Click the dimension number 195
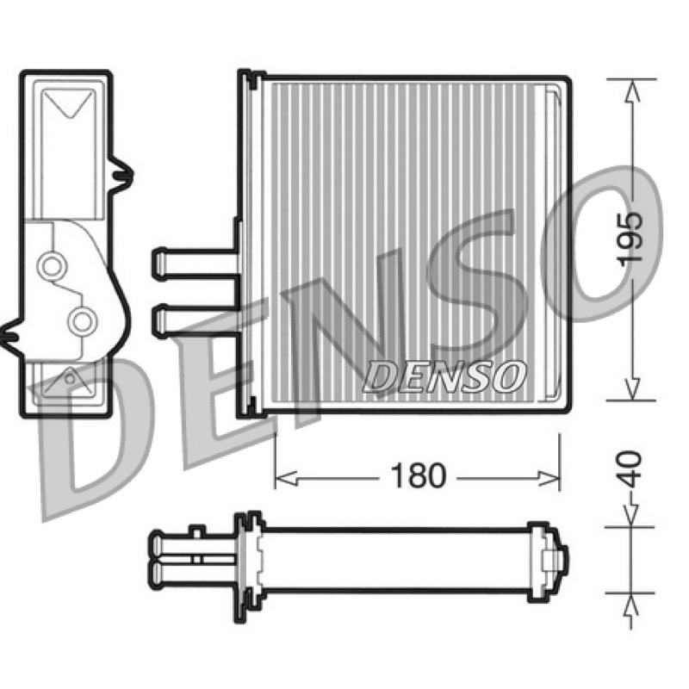coord(630,239)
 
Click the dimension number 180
coord(418,476)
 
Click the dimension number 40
coord(631,469)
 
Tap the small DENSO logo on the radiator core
coord(444,376)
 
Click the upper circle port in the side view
coord(53,266)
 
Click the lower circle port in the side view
coord(82,321)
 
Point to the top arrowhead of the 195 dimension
coord(631,91)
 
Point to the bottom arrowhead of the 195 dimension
coord(631,388)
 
